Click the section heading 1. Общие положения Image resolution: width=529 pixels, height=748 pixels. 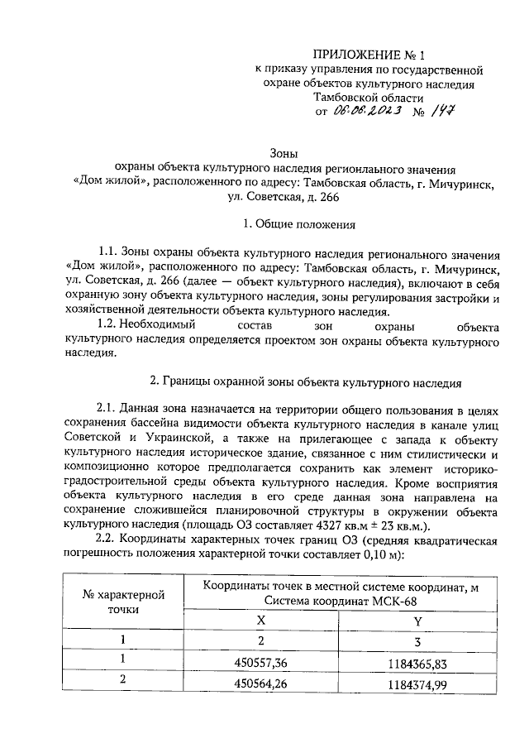298,223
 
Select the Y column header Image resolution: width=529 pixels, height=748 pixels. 417,620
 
